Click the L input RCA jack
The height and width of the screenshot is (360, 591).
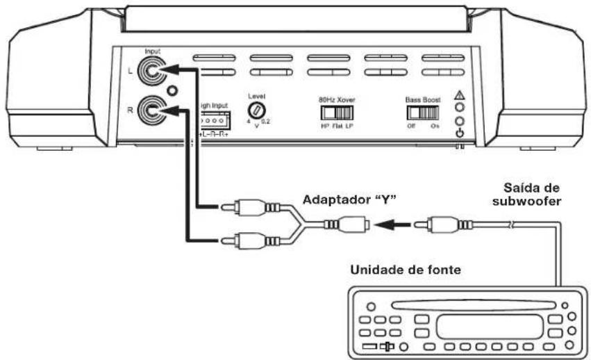click(x=151, y=69)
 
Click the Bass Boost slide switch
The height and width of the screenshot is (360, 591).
click(x=422, y=111)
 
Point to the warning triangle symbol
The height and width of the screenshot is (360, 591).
click(x=458, y=95)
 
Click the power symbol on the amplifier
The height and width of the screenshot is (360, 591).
click(x=459, y=132)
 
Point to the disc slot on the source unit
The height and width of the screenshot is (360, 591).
click(x=470, y=303)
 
